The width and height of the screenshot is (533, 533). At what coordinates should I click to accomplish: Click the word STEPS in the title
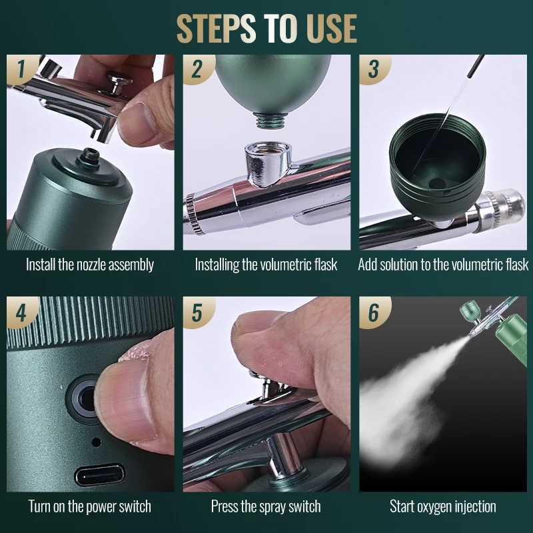tap(216, 28)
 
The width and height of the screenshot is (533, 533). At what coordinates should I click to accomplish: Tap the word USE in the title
tap(331, 28)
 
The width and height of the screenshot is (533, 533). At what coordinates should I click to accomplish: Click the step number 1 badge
tap(21, 69)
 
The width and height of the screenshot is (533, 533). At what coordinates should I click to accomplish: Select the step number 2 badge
tap(197, 69)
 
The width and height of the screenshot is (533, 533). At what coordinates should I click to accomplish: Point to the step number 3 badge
tap(373, 69)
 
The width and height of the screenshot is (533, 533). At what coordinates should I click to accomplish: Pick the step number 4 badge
tap(21, 312)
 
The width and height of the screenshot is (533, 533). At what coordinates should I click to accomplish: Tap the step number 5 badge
tap(197, 312)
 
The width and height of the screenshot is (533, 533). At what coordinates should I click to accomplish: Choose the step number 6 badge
tap(373, 312)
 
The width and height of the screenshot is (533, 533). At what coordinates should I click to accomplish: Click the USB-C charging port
tap(99, 475)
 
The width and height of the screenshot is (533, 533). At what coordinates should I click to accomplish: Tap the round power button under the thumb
tap(83, 398)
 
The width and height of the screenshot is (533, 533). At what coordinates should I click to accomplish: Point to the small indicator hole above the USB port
tap(97, 442)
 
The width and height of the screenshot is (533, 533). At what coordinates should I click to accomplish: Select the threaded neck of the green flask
tap(270, 121)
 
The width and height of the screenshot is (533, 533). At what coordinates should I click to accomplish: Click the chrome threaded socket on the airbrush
tap(268, 163)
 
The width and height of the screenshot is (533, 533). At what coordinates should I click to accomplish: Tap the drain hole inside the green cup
tap(437, 184)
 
